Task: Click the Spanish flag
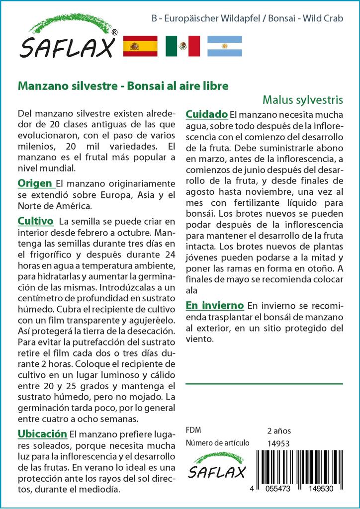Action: click(140, 46)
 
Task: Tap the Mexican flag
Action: click(182, 46)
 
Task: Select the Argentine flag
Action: click(224, 46)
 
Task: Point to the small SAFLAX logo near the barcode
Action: click(217, 467)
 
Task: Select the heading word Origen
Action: click(35, 183)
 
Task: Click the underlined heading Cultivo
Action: click(35, 221)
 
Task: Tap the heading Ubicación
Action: click(42, 433)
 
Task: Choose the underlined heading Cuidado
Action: click(207, 115)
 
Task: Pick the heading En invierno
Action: click(214, 305)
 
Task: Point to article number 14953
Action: click(278, 443)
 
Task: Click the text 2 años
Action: click(279, 430)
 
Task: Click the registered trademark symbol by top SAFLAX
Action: click(115, 32)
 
